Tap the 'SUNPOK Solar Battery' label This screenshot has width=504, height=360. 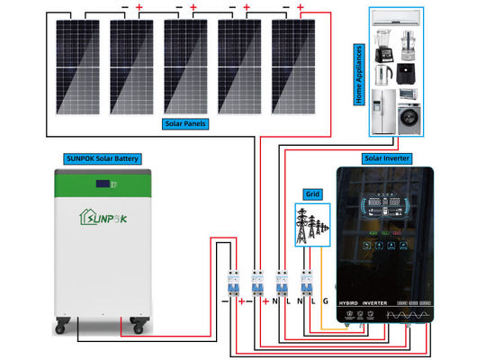(x=101, y=158)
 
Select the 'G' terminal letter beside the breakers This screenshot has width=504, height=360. (x=325, y=300)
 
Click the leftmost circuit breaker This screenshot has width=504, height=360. (x=232, y=284)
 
